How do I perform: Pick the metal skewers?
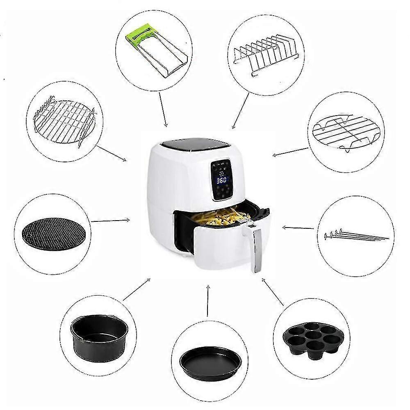355,235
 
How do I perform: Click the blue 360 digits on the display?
222,180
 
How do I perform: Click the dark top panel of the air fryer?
194,144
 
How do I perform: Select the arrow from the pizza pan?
208,301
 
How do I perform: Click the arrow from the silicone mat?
110,221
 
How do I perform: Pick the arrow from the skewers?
298,228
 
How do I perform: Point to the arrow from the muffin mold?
273,292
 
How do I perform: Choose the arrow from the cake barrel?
137,289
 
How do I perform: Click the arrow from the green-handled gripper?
163,109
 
